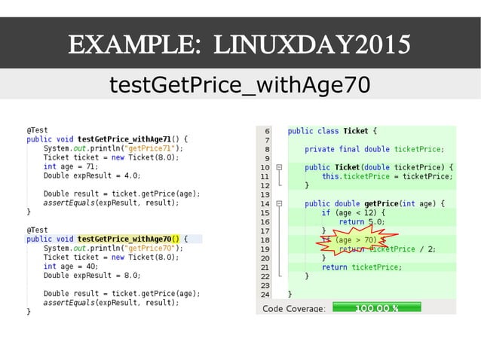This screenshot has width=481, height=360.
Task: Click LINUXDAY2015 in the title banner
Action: pyautogui.click(x=312, y=44)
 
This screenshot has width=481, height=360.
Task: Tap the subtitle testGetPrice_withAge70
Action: pyautogui.click(x=240, y=84)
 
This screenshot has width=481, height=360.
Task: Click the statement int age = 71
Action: pyautogui.click(x=72, y=166)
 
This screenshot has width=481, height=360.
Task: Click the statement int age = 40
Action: pyautogui.click(x=72, y=266)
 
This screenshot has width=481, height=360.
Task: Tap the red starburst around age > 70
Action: pyautogui.click(x=353, y=240)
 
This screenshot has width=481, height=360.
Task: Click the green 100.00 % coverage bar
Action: pyautogui.click(x=376, y=308)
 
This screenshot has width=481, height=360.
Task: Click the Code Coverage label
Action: pyautogui.click(x=293, y=309)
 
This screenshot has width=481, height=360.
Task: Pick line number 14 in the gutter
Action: pyautogui.click(x=265, y=203)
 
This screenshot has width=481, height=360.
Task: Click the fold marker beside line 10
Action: pyautogui.click(x=278, y=167)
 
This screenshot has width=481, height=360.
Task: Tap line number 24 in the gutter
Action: pyautogui.click(x=265, y=294)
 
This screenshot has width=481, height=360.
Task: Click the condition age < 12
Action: pyautogui.click(x=348, y=212)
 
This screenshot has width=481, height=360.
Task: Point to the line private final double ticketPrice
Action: pyautogui.click(x=374, y=149)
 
